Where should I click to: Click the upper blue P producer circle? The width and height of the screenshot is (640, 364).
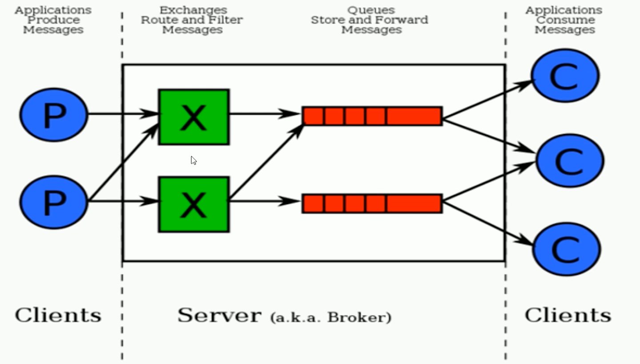pyautogui.click(x=54, y=115)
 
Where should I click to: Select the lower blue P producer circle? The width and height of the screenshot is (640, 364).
pyautogui.click(x=54, y=202)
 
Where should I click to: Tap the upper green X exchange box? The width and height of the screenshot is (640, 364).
pyautogui.click(x=194, y=117)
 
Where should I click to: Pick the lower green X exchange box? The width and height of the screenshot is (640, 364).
pyautogui.click(x=194, y=204)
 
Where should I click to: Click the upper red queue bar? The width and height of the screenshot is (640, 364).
pyautogui.click(x=372, y=116)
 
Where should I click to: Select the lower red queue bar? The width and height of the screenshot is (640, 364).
pyautogui.click(x=372, y=204)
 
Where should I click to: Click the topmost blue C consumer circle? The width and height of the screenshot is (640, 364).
pyautogui.click(x=565, y=76)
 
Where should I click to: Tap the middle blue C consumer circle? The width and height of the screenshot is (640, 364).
pyautogui.click(x=570, y=160)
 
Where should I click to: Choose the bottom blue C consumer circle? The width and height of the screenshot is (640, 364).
pyautogui.click(x=566, y=249)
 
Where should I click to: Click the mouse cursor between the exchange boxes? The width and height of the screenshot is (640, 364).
pyautogui.click(x=193, y=160)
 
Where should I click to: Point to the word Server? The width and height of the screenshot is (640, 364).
pyautogui.click(x=219, y=315)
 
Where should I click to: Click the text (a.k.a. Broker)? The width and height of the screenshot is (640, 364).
pyautogui.click(x=330, y=317)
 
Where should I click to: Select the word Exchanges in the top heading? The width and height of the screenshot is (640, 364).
pyautogui.click(x=193, y=10)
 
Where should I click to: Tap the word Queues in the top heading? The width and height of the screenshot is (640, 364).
pyautogui.click(x=371, y=10)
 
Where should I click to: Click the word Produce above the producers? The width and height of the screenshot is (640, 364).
pyautogui.click(x=53, y=20)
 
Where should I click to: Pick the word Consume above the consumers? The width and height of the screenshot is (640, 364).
pyautogui.click(x=565, y=20)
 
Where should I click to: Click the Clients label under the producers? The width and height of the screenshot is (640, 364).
pyautogui.click(x=58, y=315)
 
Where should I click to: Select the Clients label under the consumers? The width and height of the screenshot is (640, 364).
pyautogui.click(x=568, y=315)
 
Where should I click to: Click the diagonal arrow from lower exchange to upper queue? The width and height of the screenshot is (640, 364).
pyautogui.click(x=266, y=163)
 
